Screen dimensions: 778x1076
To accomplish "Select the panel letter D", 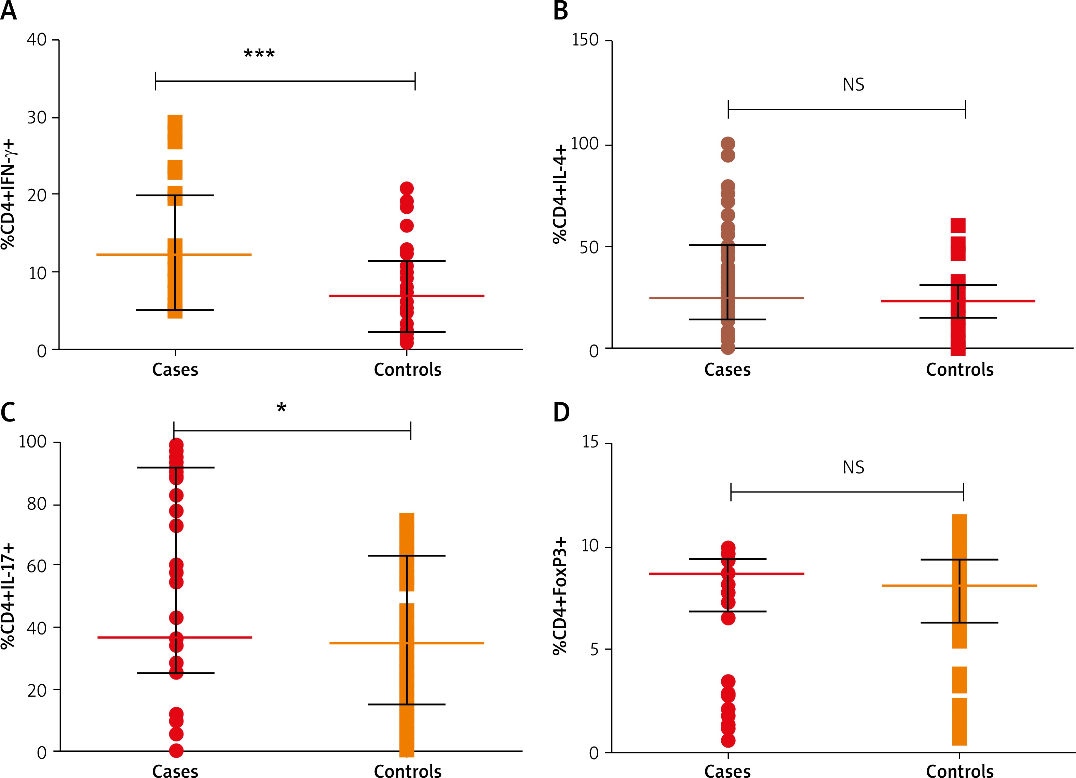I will (x=561, y=412).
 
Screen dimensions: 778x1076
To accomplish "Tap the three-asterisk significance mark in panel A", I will (x=259, y=54).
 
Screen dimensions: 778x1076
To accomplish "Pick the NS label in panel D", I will (x=854, y=468).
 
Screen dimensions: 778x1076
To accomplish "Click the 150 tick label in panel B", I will (x=585, y=40).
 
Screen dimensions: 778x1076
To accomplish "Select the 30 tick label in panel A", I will (x=37, y=117).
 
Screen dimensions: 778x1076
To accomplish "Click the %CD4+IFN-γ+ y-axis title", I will (x=8, y=194).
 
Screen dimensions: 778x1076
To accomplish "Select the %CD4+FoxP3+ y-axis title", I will (x=560, y=596).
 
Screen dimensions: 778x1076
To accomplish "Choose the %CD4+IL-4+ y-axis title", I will (x=560, y=194).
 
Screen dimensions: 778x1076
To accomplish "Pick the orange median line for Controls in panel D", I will (x=1006, y=586).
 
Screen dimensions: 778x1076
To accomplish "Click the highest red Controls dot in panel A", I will (x=407, y=188).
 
